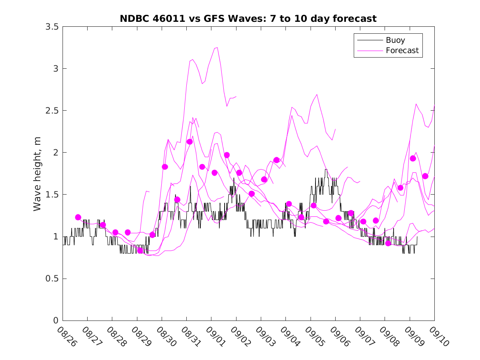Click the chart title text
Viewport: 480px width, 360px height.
coord(248,19)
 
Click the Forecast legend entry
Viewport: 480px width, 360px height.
coord(402,51)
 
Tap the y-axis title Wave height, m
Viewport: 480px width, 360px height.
coord(37,173)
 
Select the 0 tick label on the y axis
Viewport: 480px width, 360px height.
coord(56,321)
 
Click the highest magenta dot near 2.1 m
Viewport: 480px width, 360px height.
coord(190,142)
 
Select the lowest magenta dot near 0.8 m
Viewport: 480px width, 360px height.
coord(140,251)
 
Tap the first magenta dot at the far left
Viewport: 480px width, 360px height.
coord(78,217)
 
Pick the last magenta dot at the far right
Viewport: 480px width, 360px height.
coord(425,176)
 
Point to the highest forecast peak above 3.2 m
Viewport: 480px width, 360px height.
coord(217,47)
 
